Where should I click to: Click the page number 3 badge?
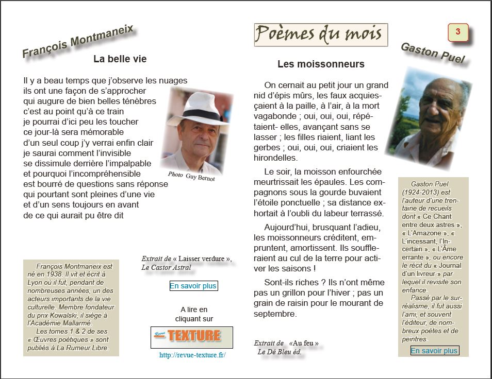[x=457, y=32]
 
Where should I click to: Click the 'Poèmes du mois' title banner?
[x=320, y=35]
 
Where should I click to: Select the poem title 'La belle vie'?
[x=120, y=59]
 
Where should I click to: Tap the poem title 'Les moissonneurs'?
[x=321, y=64]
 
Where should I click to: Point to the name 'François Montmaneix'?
[x=78, y=41]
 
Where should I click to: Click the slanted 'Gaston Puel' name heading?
[x=432, y=53]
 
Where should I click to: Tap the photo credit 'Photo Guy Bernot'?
[x=191, y=176]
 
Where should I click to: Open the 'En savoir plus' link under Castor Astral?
[x=193, y=286]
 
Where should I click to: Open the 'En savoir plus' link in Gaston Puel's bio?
[x=434, y=351]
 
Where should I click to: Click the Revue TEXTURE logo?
[x=191, y=337]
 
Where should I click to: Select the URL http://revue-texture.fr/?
[x=192, y=355]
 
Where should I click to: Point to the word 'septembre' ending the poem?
[x=275, y=314]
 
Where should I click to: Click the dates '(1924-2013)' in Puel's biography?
[x=421, y=192]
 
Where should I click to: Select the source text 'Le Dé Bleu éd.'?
[x=280, y=352]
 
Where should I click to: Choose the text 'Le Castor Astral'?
[x=166, y=267]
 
